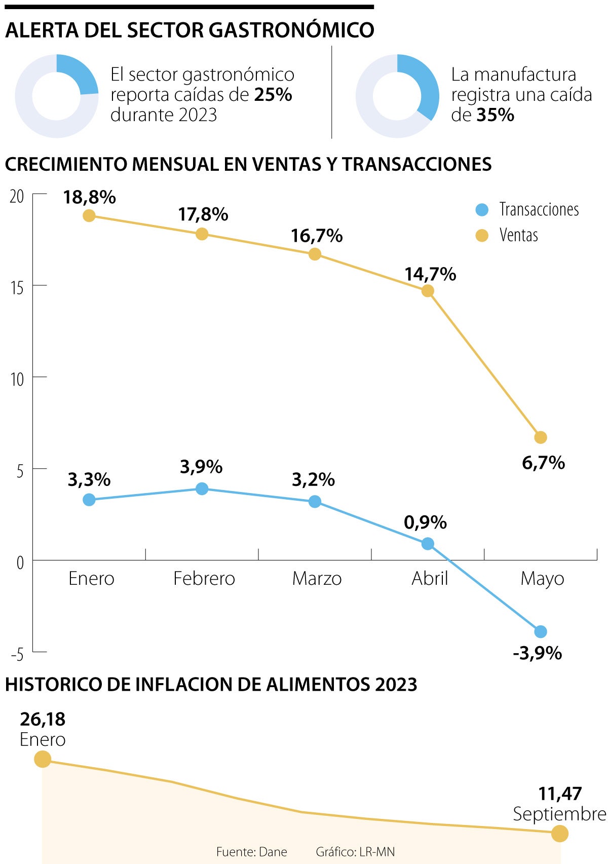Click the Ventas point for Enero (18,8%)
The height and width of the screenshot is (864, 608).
point(89,215)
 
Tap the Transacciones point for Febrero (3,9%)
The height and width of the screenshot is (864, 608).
point(202,489)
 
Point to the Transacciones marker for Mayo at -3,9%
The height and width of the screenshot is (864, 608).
point(541,631)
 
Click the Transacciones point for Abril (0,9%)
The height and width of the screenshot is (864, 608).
point(428,544)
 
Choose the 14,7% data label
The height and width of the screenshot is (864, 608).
point(430,274)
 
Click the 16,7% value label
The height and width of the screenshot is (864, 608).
point(317,236)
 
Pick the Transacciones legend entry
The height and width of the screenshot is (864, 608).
point(527,209)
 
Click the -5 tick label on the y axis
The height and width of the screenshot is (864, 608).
point(17,655)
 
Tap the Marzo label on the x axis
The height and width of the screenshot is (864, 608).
point(317,578)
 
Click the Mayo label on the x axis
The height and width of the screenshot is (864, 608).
point(542,578)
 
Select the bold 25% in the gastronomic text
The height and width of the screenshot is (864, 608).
point(273,95)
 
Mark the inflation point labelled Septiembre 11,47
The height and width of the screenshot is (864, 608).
point(559,833)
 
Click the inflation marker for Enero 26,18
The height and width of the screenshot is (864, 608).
point(43,759)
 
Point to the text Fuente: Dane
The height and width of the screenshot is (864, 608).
point(251,852)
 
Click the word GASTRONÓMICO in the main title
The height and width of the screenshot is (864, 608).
point(291,30)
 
